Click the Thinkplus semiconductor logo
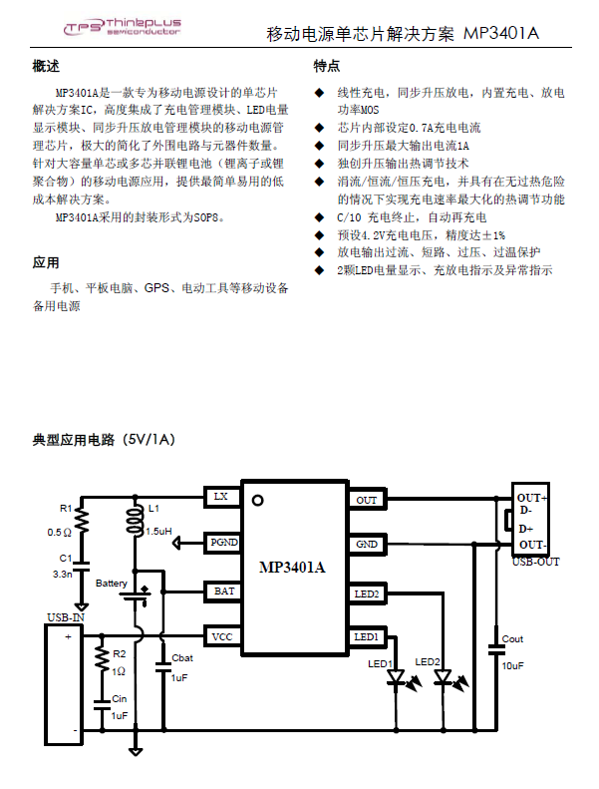point(123,27)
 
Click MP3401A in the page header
point(501,33)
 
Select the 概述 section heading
point(46,66)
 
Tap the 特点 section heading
point(326,66)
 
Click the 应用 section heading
point(46,262)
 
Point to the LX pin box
point(222,497)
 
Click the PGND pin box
point(223,543)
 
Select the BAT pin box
point(223,592)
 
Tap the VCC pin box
point(223,636)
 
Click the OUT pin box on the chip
point(367,499)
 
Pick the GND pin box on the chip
point(367,545)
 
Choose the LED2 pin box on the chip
point(367,593)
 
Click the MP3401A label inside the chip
point(292,568)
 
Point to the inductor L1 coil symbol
point(135,521)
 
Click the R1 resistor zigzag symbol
point(82,520)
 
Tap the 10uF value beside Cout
point(512,665)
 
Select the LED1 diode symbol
point(398,677)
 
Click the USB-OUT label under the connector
point(535,562)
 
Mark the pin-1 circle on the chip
point(257,500)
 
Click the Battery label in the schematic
point(112,584)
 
